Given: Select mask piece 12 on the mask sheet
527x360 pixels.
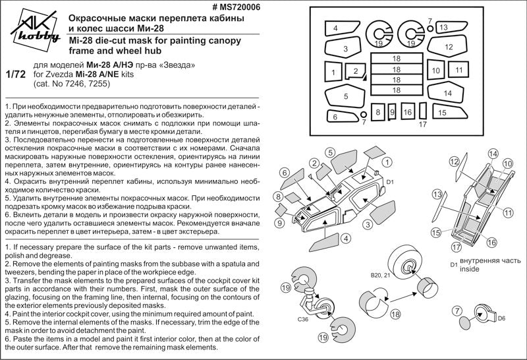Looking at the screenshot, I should (448, 47).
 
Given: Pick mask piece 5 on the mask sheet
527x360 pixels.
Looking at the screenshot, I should (345, 96).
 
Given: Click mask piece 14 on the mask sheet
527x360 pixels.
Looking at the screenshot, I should (448, 93).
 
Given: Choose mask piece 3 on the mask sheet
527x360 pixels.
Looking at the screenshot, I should (345, 49).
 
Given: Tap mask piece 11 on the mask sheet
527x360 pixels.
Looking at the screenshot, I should (459, 70).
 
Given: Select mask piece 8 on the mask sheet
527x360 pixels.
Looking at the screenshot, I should (378, 113).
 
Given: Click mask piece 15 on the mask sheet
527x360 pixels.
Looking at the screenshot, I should (443, 113).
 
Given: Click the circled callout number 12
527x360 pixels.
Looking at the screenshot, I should (454, 162).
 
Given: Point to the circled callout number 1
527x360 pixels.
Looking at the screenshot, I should (387, 162).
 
